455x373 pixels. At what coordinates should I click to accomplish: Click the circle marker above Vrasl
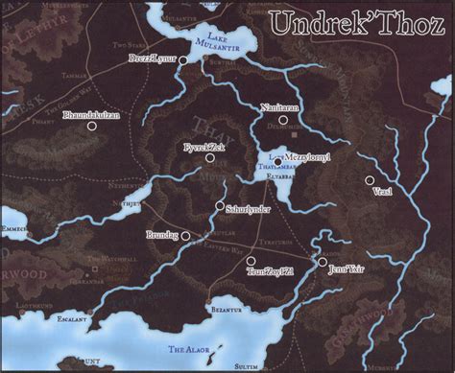369,179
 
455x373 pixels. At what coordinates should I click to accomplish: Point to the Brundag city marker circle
185,234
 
